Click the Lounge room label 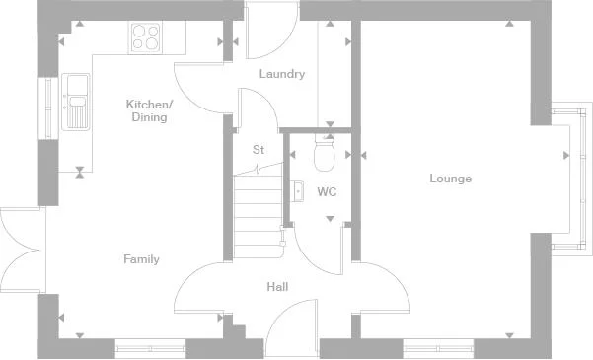point(450,179)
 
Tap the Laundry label point(281,74)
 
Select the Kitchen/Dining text point(149,110)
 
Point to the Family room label point(141,259)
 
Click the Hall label point(277,287)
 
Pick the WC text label point(327,191)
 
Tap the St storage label point(259,150)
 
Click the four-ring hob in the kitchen point(146,37)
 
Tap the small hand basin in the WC point(296,189)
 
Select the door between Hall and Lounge point(377,286)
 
